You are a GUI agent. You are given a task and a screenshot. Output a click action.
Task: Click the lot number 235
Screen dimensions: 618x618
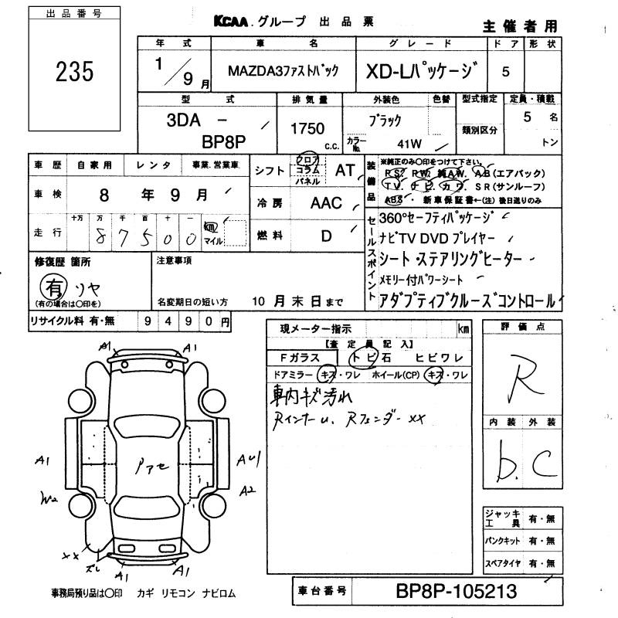pyautogui.click(x=75, y=71)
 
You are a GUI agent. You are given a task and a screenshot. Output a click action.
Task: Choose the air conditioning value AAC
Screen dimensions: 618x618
pyautogui.click(x=326, y=203)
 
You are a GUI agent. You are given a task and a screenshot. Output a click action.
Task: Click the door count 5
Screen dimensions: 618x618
pyautogui.click(x=506, y=71)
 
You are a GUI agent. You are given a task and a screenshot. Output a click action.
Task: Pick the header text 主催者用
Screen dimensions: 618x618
pyautogui.click(x=519, y=25)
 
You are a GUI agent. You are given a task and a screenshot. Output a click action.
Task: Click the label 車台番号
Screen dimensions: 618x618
pyautogui.click(x=324, y=593)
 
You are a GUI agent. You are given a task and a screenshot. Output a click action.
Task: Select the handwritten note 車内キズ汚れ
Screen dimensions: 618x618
pyautogui.click(x=311, y=398)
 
